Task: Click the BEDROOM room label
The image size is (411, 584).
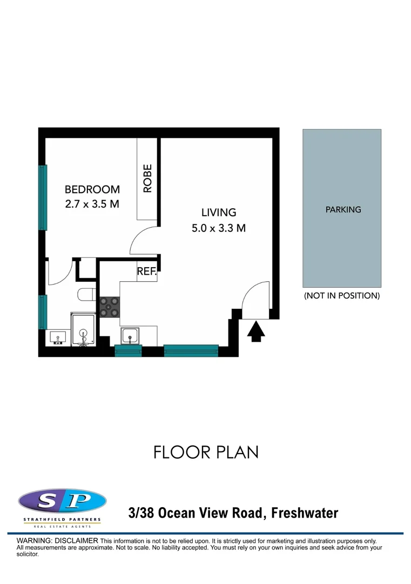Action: tap(92, 190)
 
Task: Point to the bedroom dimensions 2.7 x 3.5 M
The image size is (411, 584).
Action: tap(92, 204)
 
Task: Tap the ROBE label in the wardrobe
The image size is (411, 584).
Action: tap(147, 179)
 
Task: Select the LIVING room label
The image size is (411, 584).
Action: tap(219, 213)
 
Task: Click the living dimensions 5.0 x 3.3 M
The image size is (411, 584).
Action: tap(219, 228)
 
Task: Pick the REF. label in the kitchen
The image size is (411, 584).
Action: tap(146, 273)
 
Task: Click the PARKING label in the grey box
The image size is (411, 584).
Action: tap(343, 210)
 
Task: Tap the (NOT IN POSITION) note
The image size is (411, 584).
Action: tap(342, 296)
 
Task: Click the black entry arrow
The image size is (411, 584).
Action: tap(257, 330)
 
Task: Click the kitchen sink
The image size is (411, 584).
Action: tap(130, 336)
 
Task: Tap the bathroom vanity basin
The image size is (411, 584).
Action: tap(57, 337)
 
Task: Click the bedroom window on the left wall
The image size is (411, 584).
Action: tap(42, 197)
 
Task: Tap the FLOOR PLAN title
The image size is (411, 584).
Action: tap(206, 452)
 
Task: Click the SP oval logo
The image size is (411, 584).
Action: tap(62, 501)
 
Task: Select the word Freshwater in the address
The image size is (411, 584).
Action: tap(305, 513)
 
